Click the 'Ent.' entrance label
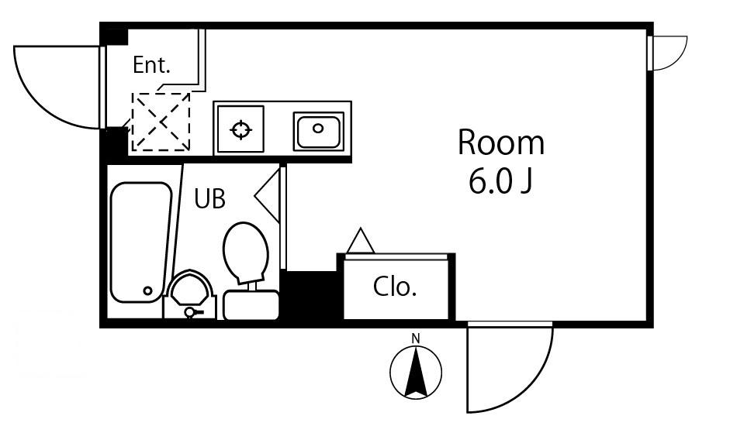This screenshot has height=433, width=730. [x=151, y=64]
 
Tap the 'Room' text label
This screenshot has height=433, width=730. [x=501, y=143]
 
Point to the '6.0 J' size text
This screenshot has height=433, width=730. [x=500, y=181]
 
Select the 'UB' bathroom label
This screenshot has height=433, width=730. [x=209, y=198]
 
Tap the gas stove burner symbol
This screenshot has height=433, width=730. [x=240, y=129]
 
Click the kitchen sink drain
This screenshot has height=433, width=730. [x=318, y=128]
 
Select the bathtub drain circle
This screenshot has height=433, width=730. [x=147, y=290]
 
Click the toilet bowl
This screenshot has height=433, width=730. [x=246, y=252]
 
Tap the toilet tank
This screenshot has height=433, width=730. [x=251, y=305]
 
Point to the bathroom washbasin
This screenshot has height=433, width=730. [x=190, y=294]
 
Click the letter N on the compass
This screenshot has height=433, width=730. [x=416, y=338]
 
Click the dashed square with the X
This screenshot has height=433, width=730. [x=161, y=122]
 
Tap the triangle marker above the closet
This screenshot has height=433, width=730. [x=361, y=240]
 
